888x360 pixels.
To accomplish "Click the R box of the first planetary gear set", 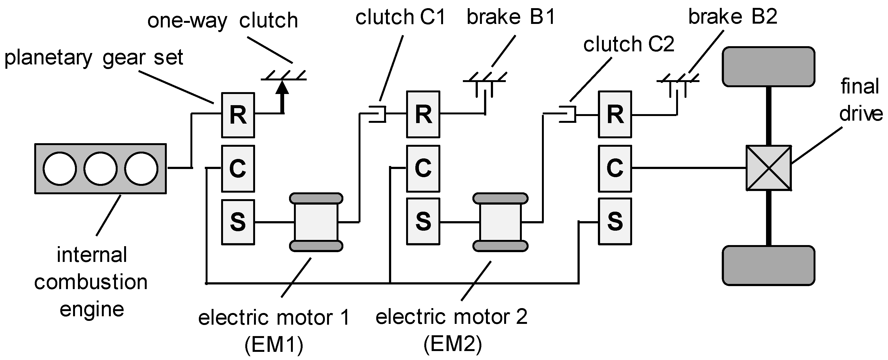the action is click(x=238, y=115).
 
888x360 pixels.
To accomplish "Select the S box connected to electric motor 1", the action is click(x=238, y=222).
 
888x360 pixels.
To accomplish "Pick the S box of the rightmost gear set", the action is click(x=615, y=221).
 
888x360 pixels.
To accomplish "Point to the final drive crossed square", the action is click(x=769, y=168).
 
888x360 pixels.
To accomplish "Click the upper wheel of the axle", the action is click(x=768, y=67).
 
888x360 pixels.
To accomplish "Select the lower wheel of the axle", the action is click(x=768, y=265).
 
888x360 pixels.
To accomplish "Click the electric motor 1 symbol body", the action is click(x=316, y=222).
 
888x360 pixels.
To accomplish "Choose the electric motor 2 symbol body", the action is click(x=500, y=222).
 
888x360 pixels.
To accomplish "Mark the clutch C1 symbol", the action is click(x=377, y=114).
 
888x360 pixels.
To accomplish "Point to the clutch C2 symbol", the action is click(x=567, y=114).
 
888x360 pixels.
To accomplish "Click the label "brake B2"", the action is click(x=733, y=16).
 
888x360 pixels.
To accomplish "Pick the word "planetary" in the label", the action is click(x=48, y=58).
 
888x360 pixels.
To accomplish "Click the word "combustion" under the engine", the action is click(x=91, y=282).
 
